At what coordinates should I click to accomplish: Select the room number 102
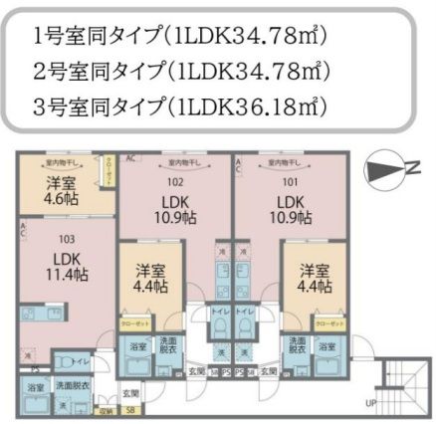pos(176,182)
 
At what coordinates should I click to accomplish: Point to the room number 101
pos(289,182)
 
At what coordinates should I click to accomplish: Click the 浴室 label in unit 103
pos(35,386)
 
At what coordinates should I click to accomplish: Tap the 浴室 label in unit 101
pos(327,345)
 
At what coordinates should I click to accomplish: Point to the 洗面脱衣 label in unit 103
pos(74,386)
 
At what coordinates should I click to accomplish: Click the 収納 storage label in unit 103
pos(106,409)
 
